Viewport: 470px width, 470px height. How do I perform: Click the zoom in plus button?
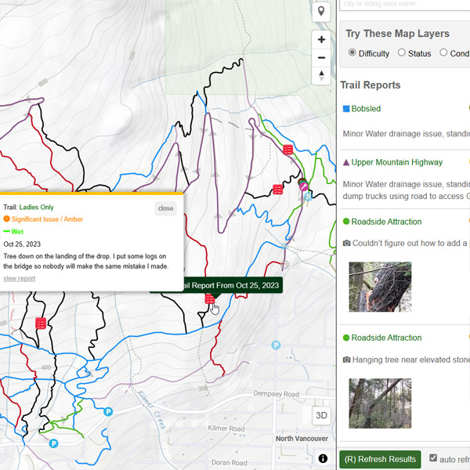[x=321, y=39]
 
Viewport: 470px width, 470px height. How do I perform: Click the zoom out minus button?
[x=321, y=57]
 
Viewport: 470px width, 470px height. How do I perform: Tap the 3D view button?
[x=321, y=415]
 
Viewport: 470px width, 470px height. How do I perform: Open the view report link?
[x=19, y=278]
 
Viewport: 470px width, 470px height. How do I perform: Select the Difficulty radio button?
[x=352, y=53]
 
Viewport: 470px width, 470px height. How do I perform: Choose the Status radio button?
[x=402, y=53]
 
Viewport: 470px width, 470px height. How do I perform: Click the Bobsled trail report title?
[x=366, y=109]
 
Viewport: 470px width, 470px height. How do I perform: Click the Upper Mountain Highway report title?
[x=396, y=163]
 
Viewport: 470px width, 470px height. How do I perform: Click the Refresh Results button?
[x=381, y=459]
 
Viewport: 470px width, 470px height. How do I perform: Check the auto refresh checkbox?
[x=433, y=458]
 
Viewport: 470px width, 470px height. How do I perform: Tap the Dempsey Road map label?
[x=277, y=394]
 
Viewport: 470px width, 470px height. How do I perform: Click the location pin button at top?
[x=321, y=12]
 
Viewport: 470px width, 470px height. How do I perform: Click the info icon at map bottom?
[x=323, y=459]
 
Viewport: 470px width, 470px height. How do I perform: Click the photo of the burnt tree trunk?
[x=380, y=287]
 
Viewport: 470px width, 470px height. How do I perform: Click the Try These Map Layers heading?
[x=397, y=34]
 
